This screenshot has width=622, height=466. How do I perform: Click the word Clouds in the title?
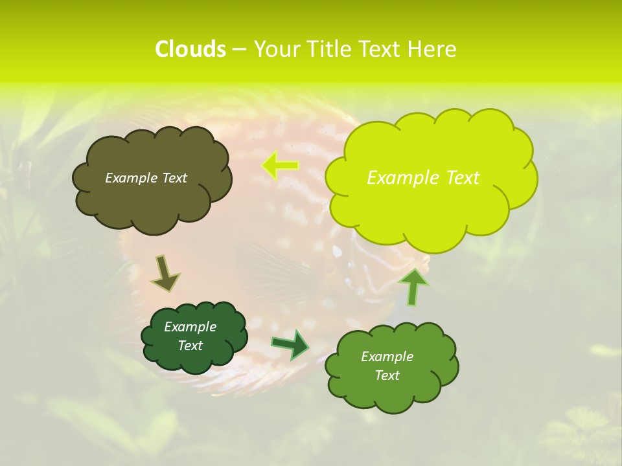(x=190, y=49)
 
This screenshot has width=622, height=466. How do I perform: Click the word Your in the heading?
(x=277, y=49)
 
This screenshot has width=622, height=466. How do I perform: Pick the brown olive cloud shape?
(x=152, y=201)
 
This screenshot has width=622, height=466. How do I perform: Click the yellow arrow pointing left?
(x=281, y=166)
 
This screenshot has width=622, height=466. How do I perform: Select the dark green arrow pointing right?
(x=290, y=344)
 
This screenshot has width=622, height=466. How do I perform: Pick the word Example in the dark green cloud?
(x=190, y=327)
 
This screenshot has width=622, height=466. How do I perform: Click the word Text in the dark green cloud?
(x=190, y=346)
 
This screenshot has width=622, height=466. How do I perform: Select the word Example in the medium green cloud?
(x=387, y=357)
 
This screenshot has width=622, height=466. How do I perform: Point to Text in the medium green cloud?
(x=387, y=375)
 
